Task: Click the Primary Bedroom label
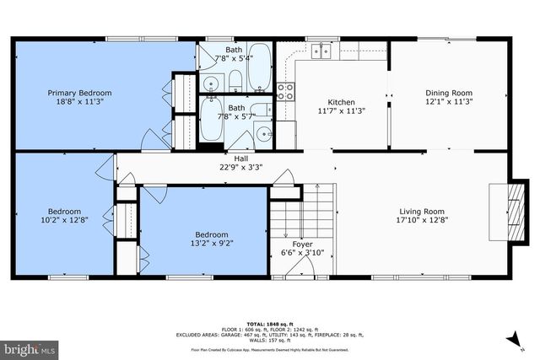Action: [79, 93]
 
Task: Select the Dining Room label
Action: [449, 93]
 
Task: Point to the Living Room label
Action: [422, 212]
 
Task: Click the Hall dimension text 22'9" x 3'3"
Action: [240, 167]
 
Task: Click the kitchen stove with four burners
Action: [285, 91]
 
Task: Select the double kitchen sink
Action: [321, 51]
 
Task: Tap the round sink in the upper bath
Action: [209, 83]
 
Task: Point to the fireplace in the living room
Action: [502, 203]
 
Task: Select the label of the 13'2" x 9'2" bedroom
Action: [211, 234]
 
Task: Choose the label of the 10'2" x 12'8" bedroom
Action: [64, 212]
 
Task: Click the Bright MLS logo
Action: [29, 347]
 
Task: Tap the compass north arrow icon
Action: [511, 339]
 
